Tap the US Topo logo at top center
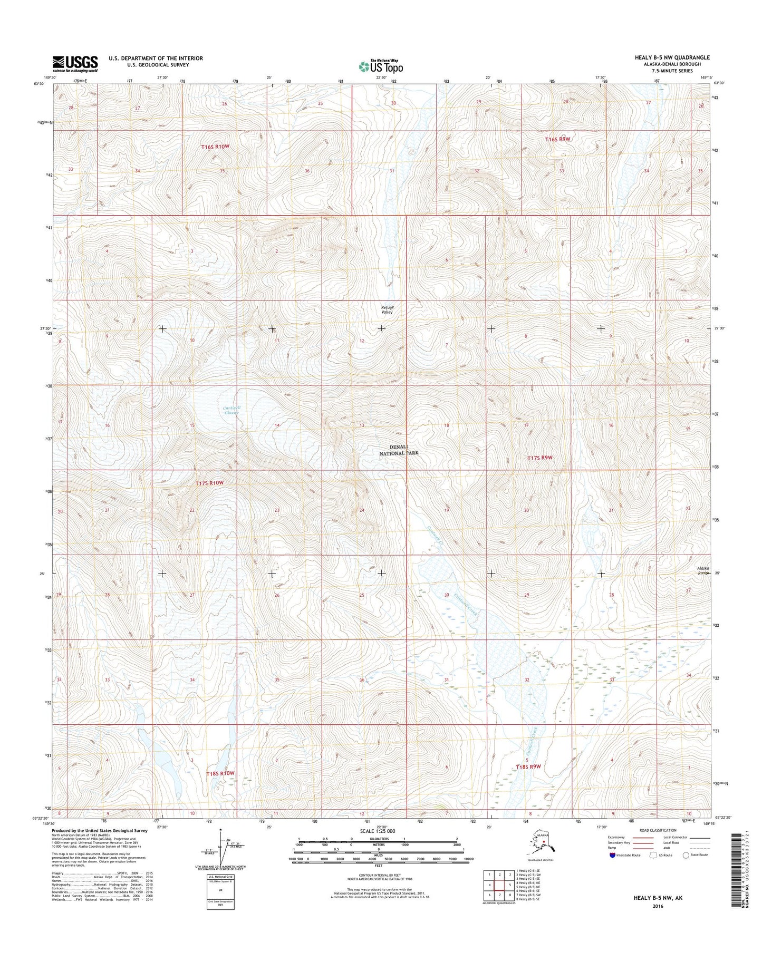click(381, 66)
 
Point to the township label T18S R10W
click(219, 773)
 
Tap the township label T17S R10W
click(209, 483)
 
